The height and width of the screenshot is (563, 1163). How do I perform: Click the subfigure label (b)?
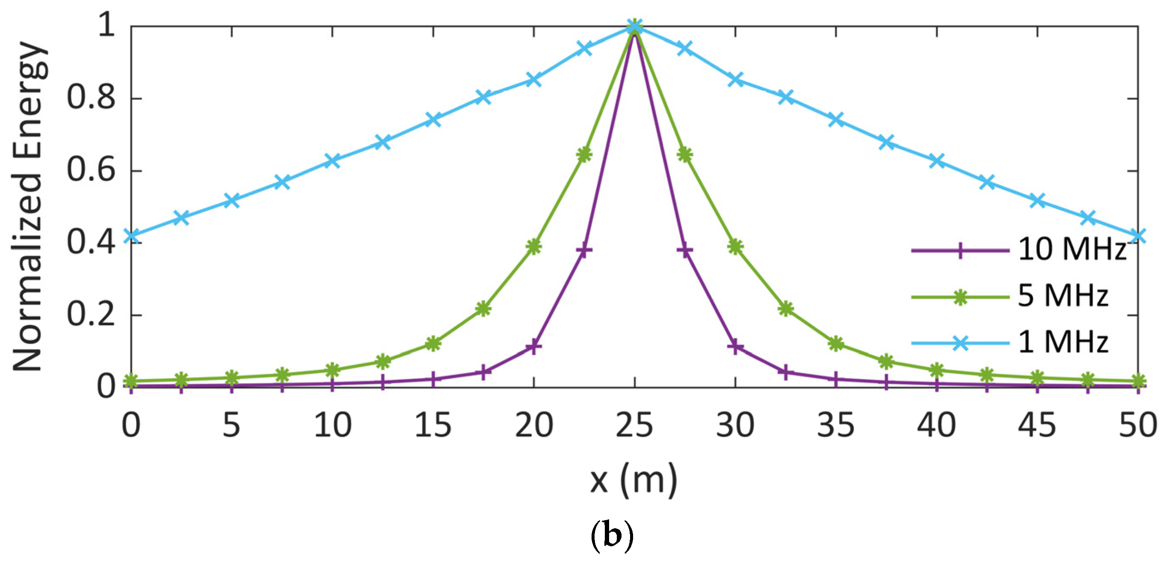tap(612, 536)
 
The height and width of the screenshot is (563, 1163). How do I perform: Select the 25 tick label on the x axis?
tap(634, 425)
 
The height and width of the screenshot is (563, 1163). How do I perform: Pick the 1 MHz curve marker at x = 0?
tap(131, 235)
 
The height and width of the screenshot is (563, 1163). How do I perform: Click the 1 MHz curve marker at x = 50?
tap(1138, 235)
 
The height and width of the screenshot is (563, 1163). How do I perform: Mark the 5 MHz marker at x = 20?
tap(534, 247)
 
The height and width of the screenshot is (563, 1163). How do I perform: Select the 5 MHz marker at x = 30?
tap(735, 247)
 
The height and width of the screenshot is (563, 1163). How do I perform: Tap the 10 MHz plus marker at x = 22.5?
tap(584, 250)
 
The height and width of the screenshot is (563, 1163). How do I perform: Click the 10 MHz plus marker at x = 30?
tap(735, 347)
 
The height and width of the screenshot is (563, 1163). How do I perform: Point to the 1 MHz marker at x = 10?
tap(333, 160)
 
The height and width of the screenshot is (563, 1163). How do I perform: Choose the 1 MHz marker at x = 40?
tap(937, 160)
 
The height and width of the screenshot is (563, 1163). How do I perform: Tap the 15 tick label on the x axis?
tap(433, 425)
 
